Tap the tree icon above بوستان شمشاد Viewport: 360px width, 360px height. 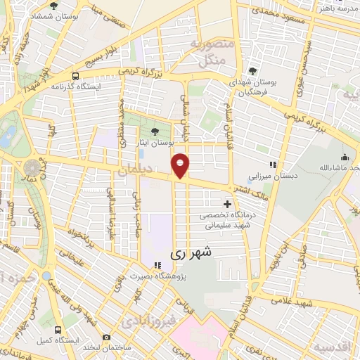[53, 6]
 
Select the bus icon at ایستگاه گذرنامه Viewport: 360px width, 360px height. [75, 75]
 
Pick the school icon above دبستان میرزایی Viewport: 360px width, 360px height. [274, 165]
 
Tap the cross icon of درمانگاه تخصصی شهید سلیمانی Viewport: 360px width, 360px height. [227, 203]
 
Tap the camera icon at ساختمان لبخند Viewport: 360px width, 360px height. [106, 337]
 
